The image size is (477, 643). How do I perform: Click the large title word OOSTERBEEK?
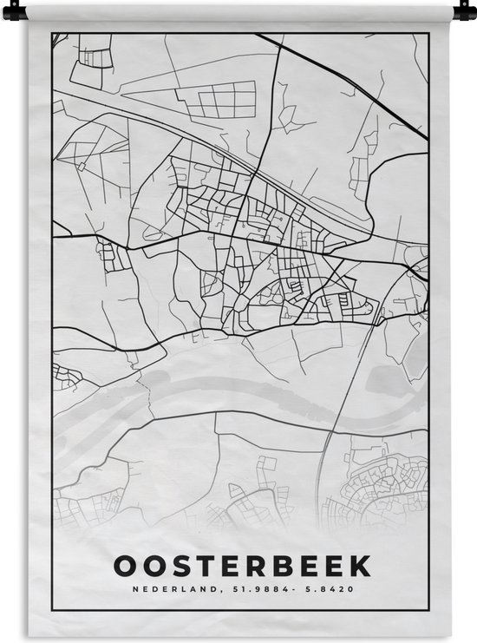(241, 566)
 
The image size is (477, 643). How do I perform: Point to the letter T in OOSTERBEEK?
(200, 566)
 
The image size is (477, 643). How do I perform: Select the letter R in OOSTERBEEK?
(253, 566)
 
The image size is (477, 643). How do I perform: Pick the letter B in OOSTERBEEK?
(280, 566)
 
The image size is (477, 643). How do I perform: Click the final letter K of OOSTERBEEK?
(360, 566)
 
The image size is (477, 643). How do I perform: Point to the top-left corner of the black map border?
(53, 34)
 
